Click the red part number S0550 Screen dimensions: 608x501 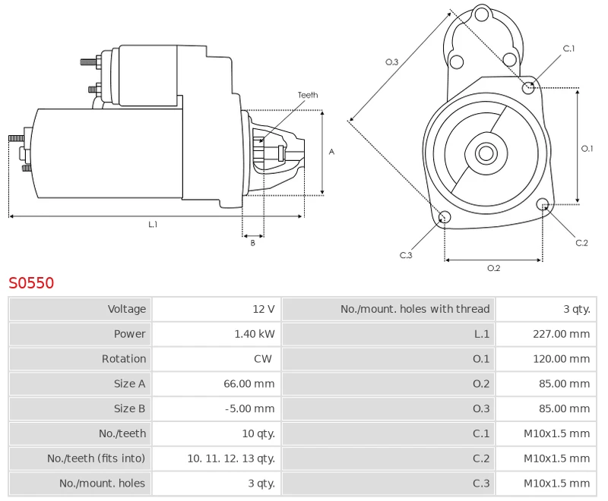click(x=31, y=283)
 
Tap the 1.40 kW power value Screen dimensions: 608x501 click(x=255, y=334)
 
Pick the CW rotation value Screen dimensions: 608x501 click(x=263, y=358)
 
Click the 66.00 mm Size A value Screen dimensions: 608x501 click(x=249, y=383)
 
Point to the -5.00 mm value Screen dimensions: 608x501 click(x=250, y=408)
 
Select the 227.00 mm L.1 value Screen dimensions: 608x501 click(x=561, y=334)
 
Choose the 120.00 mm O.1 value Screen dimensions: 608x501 click(x=561, y=358)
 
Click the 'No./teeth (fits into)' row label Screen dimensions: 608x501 click(x=97, y=458)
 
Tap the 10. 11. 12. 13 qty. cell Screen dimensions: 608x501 click(x=231, y=458)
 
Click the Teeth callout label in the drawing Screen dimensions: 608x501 click(x=308, y=95)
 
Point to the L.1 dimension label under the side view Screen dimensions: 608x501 click(x=153, y=224)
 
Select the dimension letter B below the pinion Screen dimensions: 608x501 click(x=253, y=243)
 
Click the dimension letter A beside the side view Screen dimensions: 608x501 click(x=331, y=152)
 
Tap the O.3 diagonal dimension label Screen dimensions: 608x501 click(x=391, y=61)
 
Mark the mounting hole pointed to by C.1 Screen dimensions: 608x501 click(x=528, y=88)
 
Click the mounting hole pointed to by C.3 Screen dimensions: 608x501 click(x=445, y=217)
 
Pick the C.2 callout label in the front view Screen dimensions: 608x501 click(x=581, y=243)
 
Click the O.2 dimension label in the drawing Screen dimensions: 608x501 click(x=493, y=268)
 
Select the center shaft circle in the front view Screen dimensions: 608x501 click(x=486, y=153)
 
